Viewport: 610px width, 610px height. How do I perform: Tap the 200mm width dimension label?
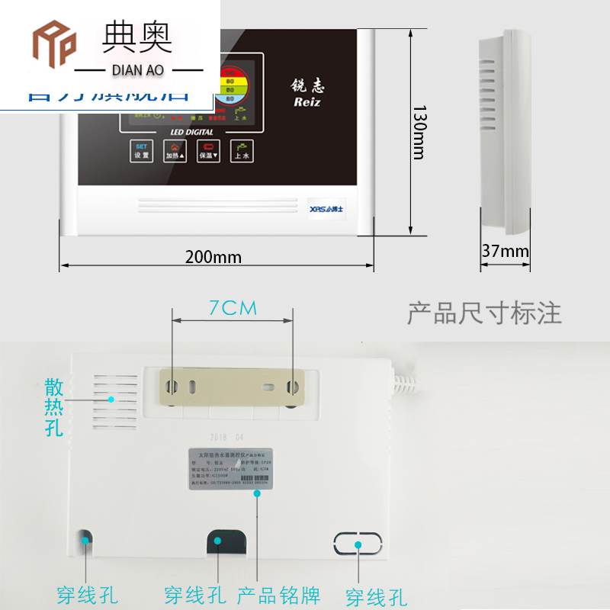click(x=213, y=257)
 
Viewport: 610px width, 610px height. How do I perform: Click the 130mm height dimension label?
click(x=416, y=131)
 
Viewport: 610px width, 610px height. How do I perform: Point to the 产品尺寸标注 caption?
click(x=485, y=313)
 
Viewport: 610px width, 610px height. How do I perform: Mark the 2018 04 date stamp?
click(x=227, y=438)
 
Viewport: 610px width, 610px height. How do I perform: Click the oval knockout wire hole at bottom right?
click(x=357, y=544)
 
